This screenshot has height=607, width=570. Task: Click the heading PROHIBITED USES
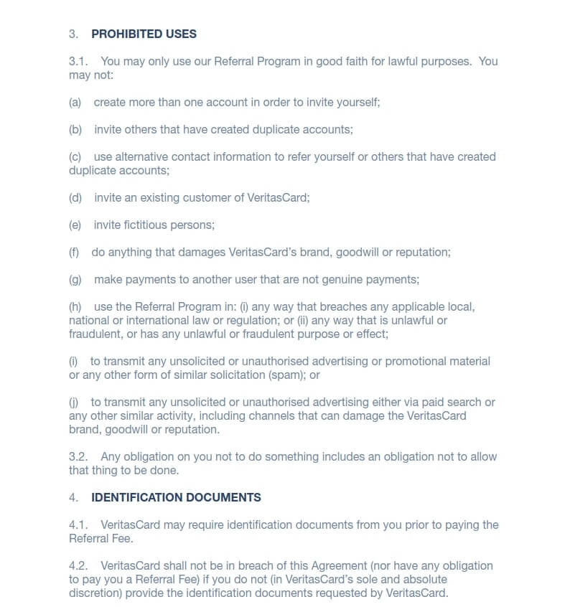click(x=144, y=34)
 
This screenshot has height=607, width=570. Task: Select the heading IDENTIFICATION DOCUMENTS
click(x=176, y=497)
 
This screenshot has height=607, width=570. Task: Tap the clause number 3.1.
click(x=78, y=61)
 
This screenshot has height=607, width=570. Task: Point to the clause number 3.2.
click(x=78, y=456)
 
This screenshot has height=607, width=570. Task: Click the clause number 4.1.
click(x=78, y=524)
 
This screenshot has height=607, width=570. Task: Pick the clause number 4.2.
click(x=78, y=566)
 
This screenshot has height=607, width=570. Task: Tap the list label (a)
click(x=75, y=102)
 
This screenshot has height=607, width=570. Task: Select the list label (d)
click(x=75, y=197)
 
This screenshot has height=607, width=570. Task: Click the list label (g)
click(x=75, y=279)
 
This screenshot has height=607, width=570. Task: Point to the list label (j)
click(x=74, y=402)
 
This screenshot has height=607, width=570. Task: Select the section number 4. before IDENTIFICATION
click(x=73, y=497)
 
